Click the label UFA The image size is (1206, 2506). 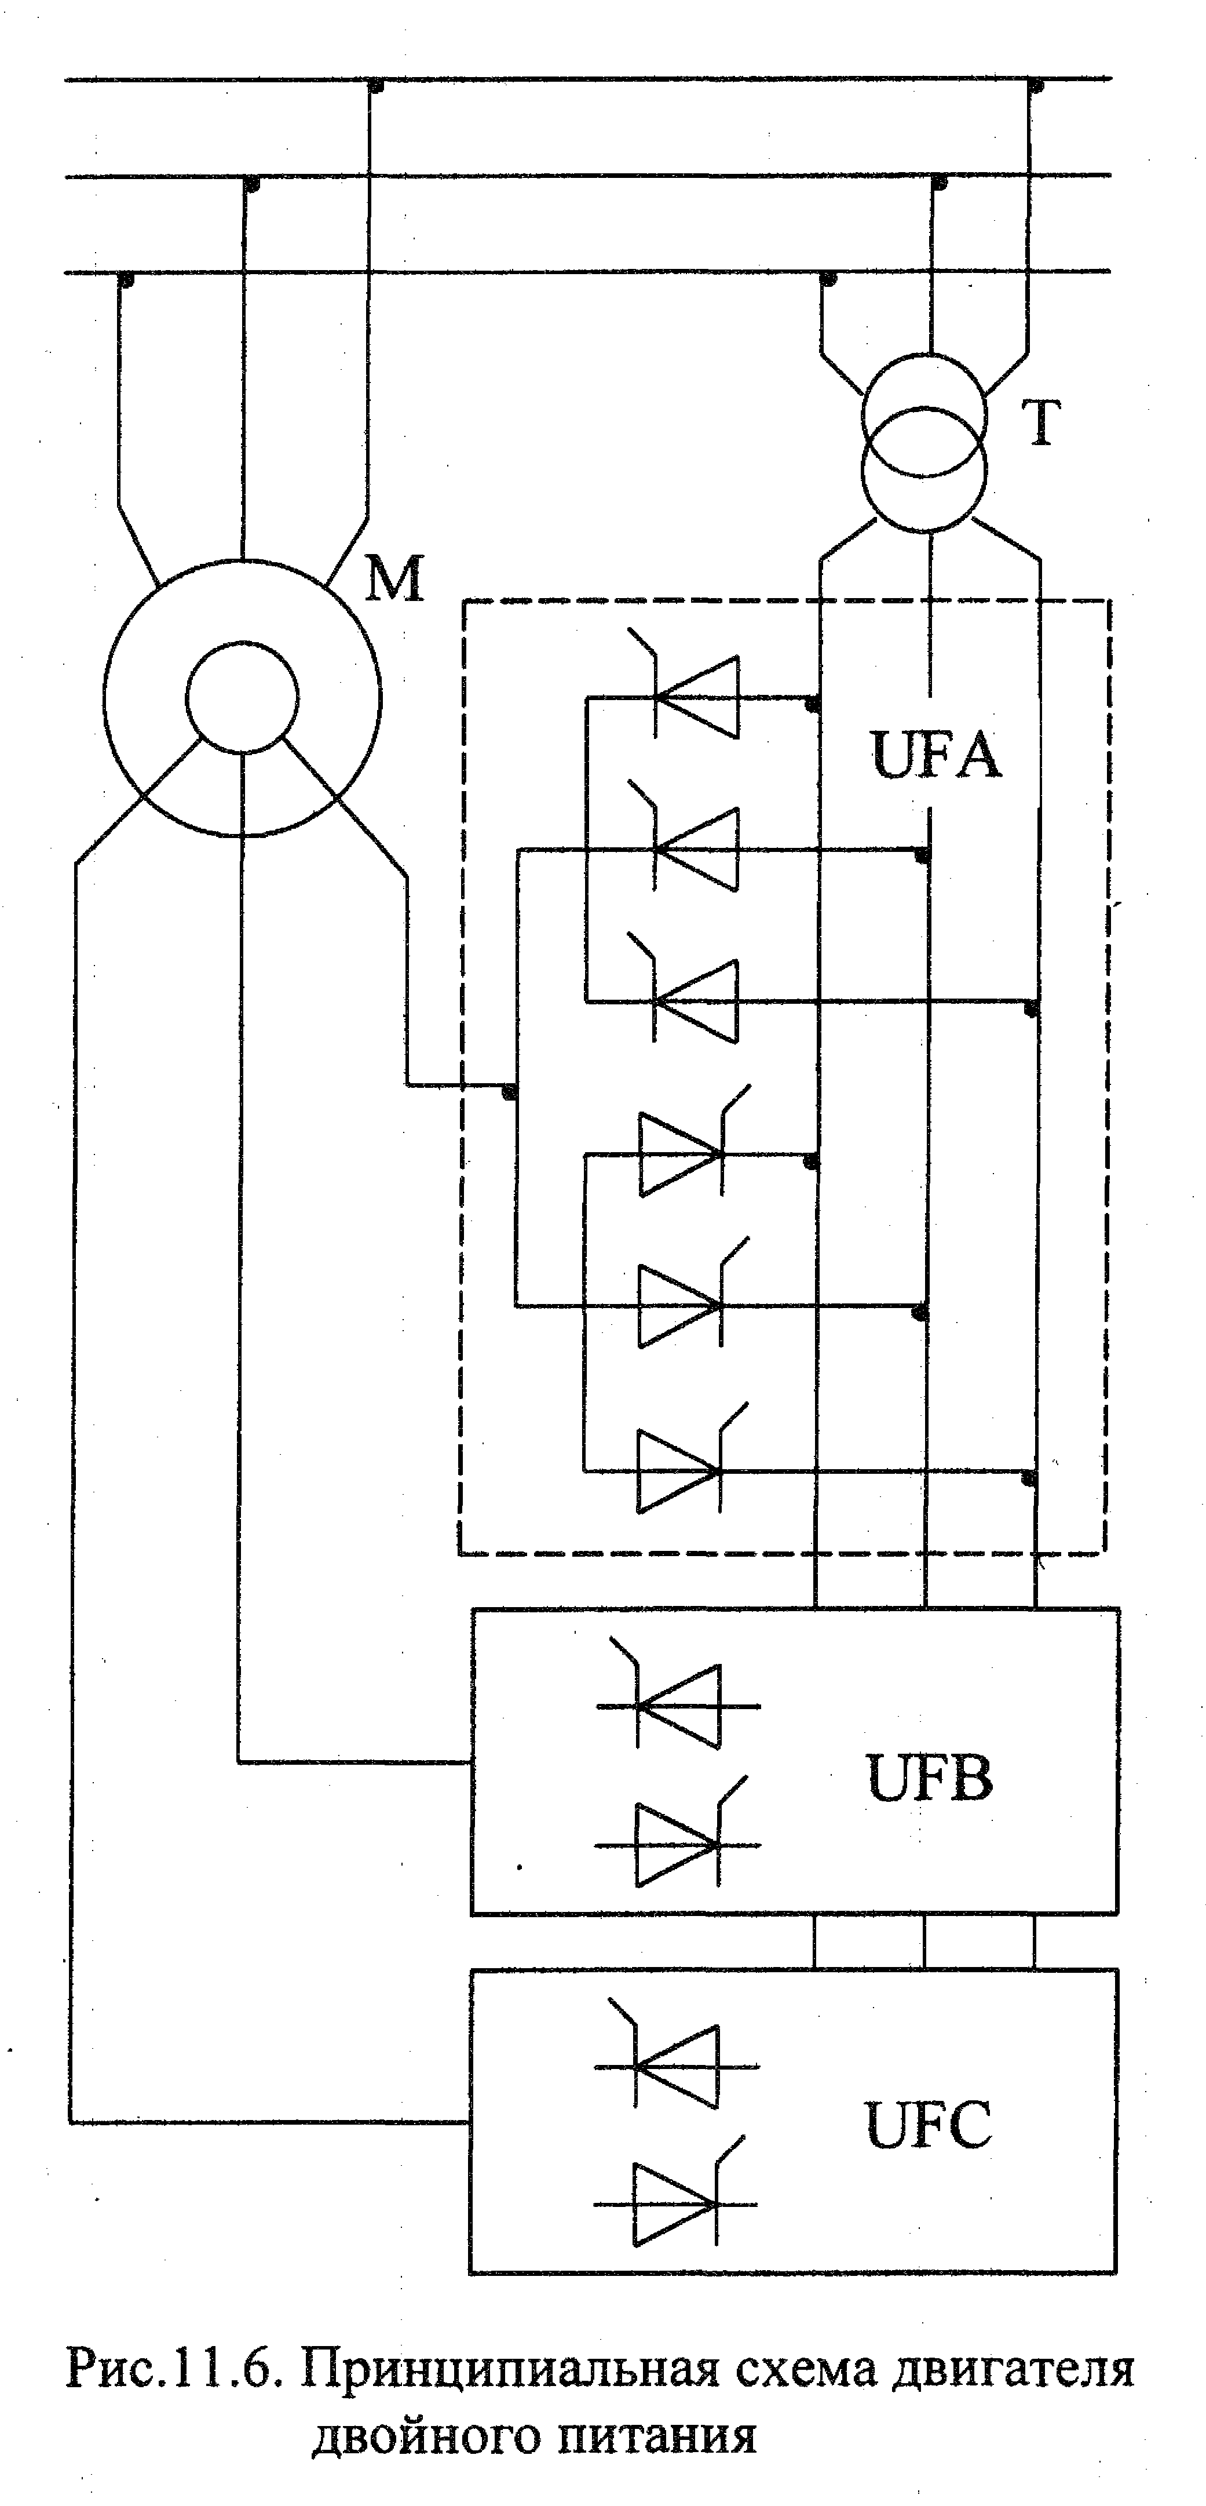pos(935,755)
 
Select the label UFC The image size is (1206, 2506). pos(929,2126)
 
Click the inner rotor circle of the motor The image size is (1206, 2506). pos(241,697)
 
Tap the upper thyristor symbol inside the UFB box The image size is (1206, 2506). pos(678,1704)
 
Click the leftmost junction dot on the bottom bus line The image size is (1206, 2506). pos(125,279)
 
